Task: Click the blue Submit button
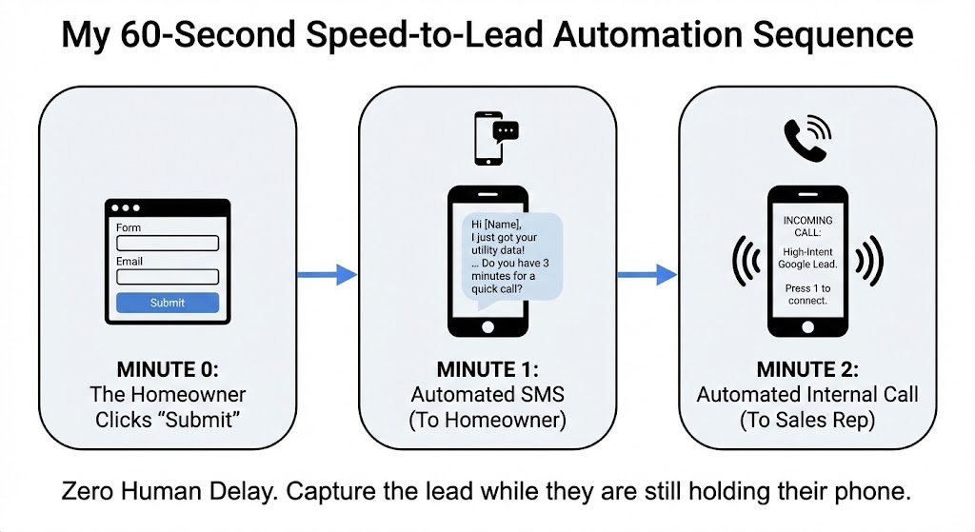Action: (168, 303)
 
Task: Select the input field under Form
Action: (168, 244)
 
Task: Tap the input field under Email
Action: (168, 277)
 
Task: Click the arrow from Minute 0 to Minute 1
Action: (327, 275)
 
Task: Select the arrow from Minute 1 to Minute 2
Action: (647, 275)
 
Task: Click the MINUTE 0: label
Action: (168, 369)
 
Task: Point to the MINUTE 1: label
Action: (487, 369)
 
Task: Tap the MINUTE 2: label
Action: (807, 369)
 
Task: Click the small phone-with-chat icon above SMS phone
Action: (494, 138)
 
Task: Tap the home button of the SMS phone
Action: (487, 325)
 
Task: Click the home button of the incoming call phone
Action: (807, 325)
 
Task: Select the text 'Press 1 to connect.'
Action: (807, 294)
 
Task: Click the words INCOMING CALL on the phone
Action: (807, 227)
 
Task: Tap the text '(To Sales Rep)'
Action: (807, 420)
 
